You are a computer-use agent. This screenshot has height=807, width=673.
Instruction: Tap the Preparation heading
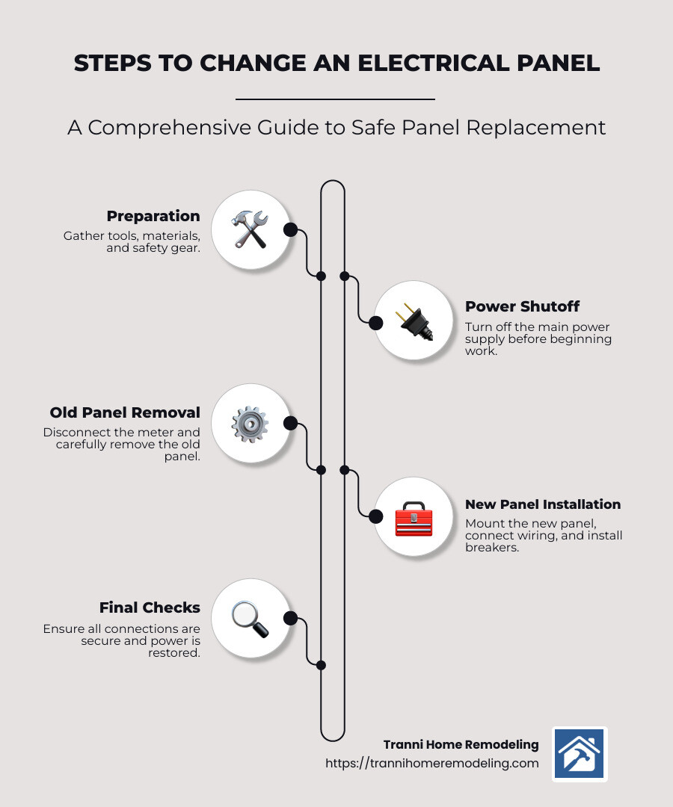point(153,217)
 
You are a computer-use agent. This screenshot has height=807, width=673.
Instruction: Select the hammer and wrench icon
point(250,229)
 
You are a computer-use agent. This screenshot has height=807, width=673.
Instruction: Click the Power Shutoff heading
point(522,306)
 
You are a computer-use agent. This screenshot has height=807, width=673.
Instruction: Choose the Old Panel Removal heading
point(125,412)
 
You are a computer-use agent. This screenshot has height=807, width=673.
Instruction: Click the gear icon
point(250,424)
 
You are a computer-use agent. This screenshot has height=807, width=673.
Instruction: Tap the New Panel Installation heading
point(543,504)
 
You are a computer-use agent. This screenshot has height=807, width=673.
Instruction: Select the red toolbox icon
point(413,518)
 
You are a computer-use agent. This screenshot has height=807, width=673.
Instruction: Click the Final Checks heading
point(150,608)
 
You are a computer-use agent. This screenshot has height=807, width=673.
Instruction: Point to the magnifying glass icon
point(250,619)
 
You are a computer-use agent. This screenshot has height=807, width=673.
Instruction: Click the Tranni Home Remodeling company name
point(461,744)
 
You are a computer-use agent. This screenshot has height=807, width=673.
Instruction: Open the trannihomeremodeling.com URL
point(431,763)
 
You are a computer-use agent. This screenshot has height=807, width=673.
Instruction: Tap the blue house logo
point(580,754)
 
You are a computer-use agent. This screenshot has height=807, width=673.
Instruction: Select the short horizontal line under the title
point(335,99)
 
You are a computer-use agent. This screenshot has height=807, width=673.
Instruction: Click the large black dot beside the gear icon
point(291,424)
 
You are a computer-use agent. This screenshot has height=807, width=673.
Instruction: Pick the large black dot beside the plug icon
point(376,322)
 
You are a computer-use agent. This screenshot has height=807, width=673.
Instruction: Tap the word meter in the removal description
point(162,432)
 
